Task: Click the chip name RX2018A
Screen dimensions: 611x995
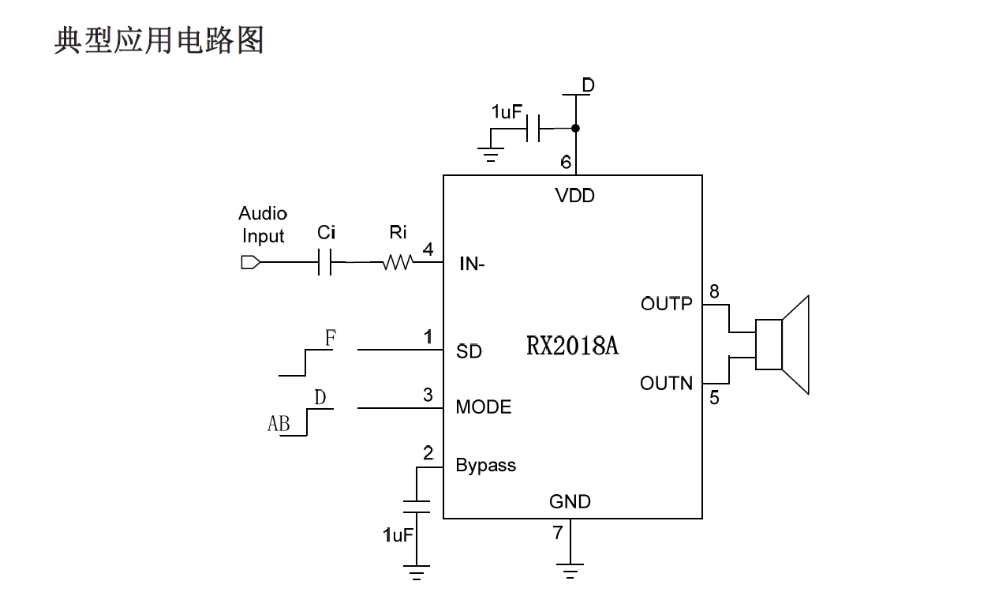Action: tap(572, 346)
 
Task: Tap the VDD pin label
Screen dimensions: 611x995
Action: tap(574, 196)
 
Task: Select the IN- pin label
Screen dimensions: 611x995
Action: tap(472, 264)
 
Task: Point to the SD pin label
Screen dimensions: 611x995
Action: tap(469, 351)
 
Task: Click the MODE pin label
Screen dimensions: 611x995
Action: tap(484, 407)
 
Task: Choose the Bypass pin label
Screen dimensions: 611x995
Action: tap(485, 466)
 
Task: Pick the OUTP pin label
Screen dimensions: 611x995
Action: tap(666, 304)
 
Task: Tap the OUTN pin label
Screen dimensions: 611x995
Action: tap(666, 384)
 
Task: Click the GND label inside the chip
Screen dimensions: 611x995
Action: tap(570, 502)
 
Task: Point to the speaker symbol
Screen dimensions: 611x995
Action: tap(782, 344)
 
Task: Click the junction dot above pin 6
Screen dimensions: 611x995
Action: tap(575, 128)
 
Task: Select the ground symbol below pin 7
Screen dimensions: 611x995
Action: tap(570, 570)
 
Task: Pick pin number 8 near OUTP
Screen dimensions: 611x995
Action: tap(714, 292)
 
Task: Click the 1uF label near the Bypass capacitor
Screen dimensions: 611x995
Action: tap(398, 535)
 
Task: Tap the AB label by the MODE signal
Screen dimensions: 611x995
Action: tap(279, 425)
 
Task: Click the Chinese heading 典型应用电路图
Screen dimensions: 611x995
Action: tap(159, 39)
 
